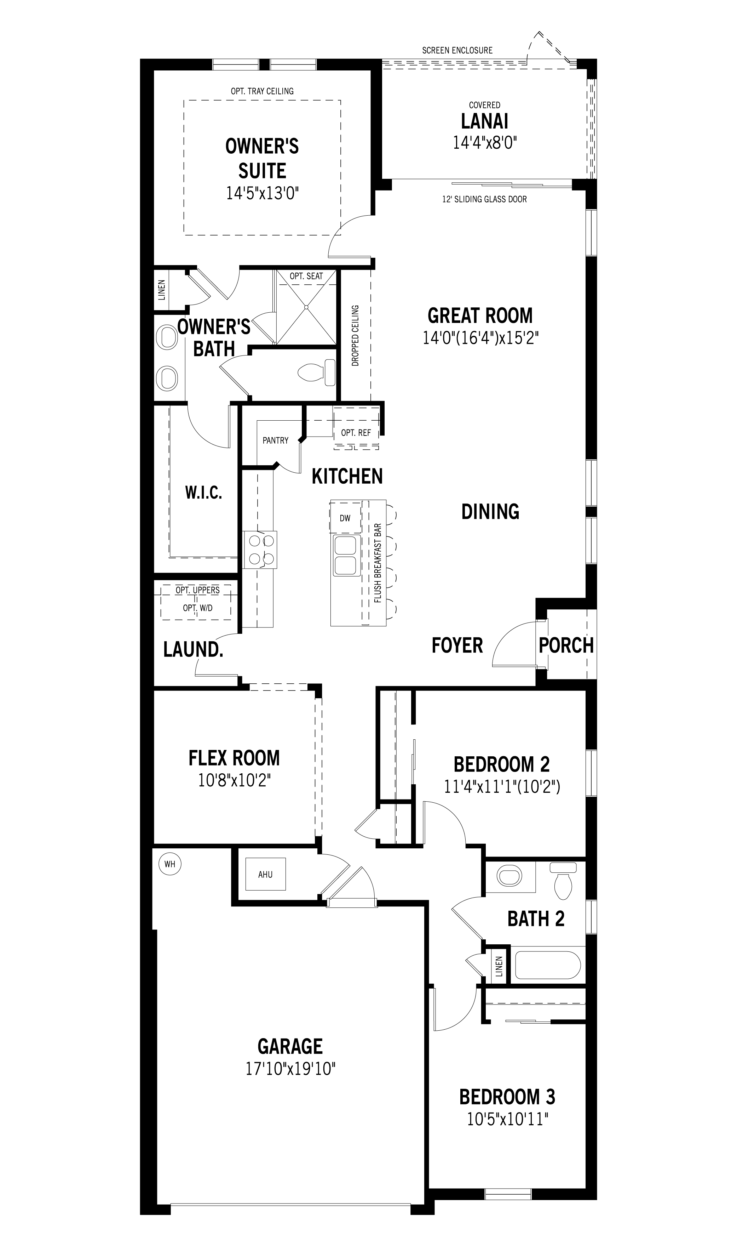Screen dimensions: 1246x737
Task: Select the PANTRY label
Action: (x=275, y=440)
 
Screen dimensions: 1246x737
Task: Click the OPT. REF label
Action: (x=356, y=433)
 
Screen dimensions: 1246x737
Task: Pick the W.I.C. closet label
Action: (x=203, y=493)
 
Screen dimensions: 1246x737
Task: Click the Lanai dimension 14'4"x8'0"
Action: (x=485, y=143)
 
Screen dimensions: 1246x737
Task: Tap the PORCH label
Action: (x=566, y=645)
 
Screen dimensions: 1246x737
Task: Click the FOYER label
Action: (x=457, y=645)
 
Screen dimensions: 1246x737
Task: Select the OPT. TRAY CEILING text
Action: (x=262, y=91)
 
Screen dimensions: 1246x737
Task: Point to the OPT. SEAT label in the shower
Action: (x=306, y=276)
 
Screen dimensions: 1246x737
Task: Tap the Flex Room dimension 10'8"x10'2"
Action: (x=235, y=781)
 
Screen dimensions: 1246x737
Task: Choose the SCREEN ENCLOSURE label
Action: (x=457, y=50)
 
